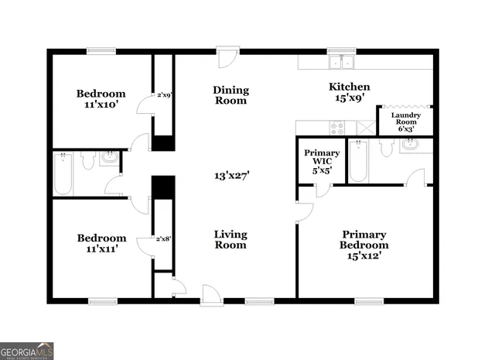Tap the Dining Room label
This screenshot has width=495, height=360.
coord(230,95)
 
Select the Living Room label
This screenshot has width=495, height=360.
coord(230,239)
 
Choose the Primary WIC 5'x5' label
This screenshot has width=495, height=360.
coord(322,159)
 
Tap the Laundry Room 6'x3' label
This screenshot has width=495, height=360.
coord(405,122)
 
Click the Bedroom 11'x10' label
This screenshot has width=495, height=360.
coord(101,99)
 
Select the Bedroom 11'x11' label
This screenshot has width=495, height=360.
coord(101,244)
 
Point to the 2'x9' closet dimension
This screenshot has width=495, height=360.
coord(164,95)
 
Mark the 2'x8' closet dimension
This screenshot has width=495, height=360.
coord(163,239)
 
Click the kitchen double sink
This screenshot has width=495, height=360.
coord(340,63)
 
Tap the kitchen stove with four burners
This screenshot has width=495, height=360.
coord(338,128)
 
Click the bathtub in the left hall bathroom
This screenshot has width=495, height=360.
coord(63,173)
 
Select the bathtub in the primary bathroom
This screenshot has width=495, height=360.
coord(357,161)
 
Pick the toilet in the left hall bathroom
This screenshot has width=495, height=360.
coord(87,160)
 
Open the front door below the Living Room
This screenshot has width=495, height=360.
coord(210,293)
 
